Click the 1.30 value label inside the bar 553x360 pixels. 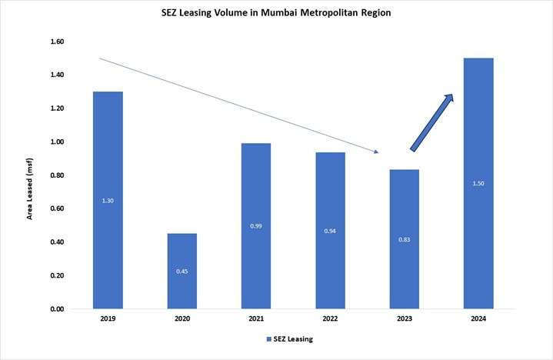point(108,200)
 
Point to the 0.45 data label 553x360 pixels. point(182,271)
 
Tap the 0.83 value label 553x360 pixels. point(404,239)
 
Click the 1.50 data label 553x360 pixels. point(478,183)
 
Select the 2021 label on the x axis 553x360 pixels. point(255,318)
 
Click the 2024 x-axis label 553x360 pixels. point(478,318)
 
